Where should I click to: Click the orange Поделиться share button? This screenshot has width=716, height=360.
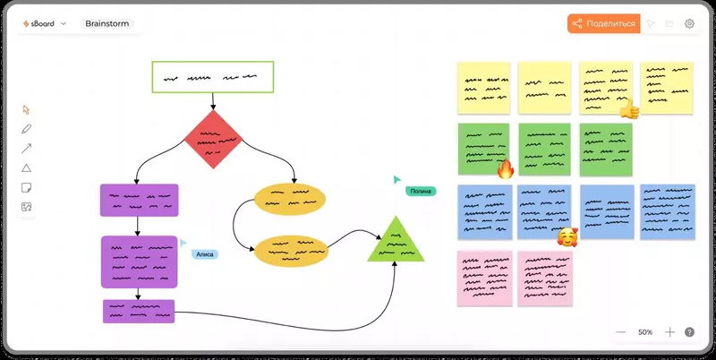click(x=603, y=24)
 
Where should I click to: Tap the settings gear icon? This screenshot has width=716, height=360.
click(x=689, y=24)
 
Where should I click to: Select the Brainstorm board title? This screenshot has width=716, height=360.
click(x=107, y=24)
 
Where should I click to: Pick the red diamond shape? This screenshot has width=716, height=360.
click(x=213, y=139)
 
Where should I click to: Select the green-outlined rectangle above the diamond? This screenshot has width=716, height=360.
click(x=212, y=78)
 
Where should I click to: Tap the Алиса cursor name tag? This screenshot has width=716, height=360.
click(x=205, y=254)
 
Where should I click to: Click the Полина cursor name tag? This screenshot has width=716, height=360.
click(x=420, y=192)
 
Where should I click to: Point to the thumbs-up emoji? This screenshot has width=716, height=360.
click(x=629, y=109)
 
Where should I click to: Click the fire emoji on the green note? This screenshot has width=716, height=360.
click(x=505, y=169)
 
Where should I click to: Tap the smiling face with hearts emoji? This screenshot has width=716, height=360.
click(x=566, y=236)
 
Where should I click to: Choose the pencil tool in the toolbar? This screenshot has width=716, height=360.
click(x=26, y=129)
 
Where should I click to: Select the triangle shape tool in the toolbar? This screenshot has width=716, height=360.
click(x=26, y=168)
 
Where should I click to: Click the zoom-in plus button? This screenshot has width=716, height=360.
click(x=669, y=332)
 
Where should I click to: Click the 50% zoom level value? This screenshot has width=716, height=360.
click(x=644, y=332)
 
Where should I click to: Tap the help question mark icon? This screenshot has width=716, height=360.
click(x=689, y=332)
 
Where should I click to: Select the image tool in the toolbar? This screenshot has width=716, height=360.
click(x=26, y=208)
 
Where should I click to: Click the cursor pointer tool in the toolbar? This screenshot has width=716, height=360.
click(x=26, y=109)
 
